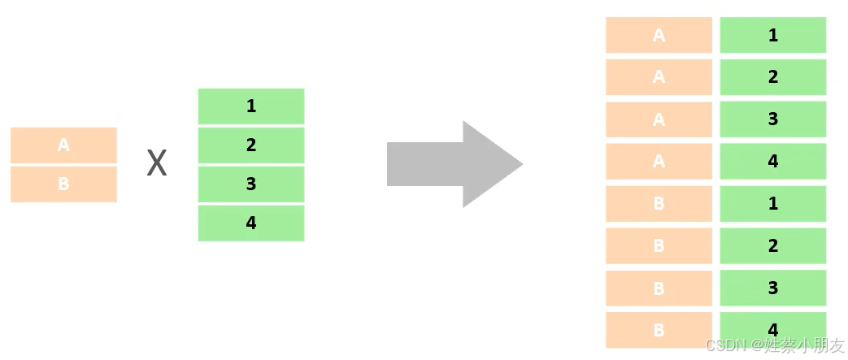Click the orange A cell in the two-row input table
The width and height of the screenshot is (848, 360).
point(63,145)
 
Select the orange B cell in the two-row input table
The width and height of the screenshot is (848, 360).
point(63,184)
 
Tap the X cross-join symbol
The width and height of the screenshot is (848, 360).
point(156,164)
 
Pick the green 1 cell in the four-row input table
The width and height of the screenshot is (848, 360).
point(250,106)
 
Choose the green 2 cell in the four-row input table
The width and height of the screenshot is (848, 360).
point(250,145)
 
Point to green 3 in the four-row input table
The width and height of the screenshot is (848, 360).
point(250,184)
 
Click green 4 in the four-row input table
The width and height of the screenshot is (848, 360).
point(250,223)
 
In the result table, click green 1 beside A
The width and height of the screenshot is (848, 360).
point(772,35)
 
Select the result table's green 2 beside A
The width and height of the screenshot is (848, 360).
point(772,77)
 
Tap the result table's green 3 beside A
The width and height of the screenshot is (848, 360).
point(772,119)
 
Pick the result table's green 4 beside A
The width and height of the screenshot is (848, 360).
point(772,162)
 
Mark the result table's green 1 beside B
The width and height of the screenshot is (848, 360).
point(772,204)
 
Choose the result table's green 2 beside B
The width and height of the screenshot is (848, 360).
point(772,246)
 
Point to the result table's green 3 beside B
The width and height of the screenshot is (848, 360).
point(772,288)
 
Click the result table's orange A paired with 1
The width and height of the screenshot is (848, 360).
point(659,35)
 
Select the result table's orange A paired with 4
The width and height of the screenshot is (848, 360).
point(659,162)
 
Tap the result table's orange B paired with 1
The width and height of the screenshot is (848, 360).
point(659,204)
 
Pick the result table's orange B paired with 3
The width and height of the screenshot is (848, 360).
point(659,288)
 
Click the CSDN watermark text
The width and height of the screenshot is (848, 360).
point(775,345)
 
